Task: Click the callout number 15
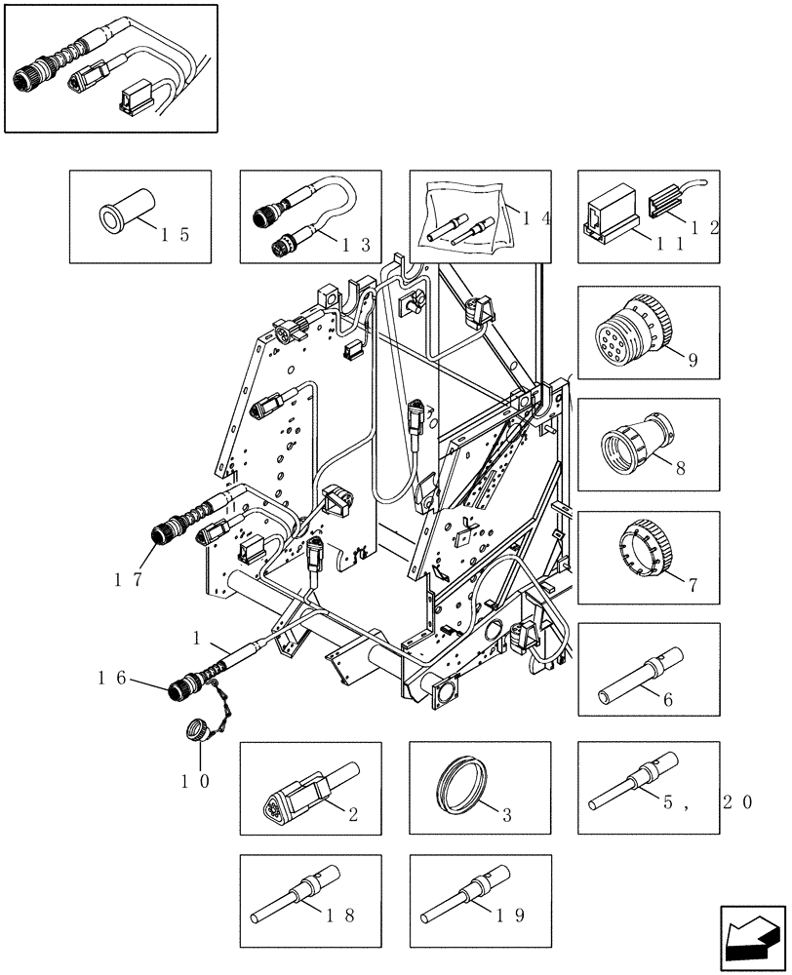pyautogui.click(x=176, y=234)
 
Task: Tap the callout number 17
pyautogui.click(x=129, y=579)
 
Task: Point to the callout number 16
pyautogui.click(x=111, y=676)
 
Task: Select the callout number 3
pyautogui.click(x=509, y=815)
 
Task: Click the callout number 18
pyautogui.click(x=341, y=915)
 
